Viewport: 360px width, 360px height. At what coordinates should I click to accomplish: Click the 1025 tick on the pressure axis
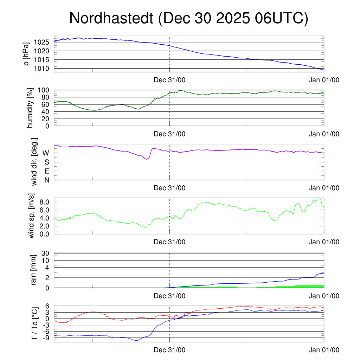(41, 43)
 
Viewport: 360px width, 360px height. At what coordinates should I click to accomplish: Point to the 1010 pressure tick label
(41, 68)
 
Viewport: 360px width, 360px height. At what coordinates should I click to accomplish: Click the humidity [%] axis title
(30, 108)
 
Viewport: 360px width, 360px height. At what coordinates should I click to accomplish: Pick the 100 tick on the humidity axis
(46, 90)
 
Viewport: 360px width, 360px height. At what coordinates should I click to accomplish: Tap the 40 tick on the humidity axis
(47, 111)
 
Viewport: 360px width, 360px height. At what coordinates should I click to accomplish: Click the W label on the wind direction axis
(46, 153)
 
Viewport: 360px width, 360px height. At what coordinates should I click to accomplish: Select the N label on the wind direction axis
(46, 180)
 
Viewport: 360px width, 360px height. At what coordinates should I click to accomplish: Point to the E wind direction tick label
(46, 171)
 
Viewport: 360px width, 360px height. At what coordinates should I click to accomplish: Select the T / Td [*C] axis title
(34, 323)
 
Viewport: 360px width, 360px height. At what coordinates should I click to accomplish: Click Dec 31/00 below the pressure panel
(169, 80)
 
